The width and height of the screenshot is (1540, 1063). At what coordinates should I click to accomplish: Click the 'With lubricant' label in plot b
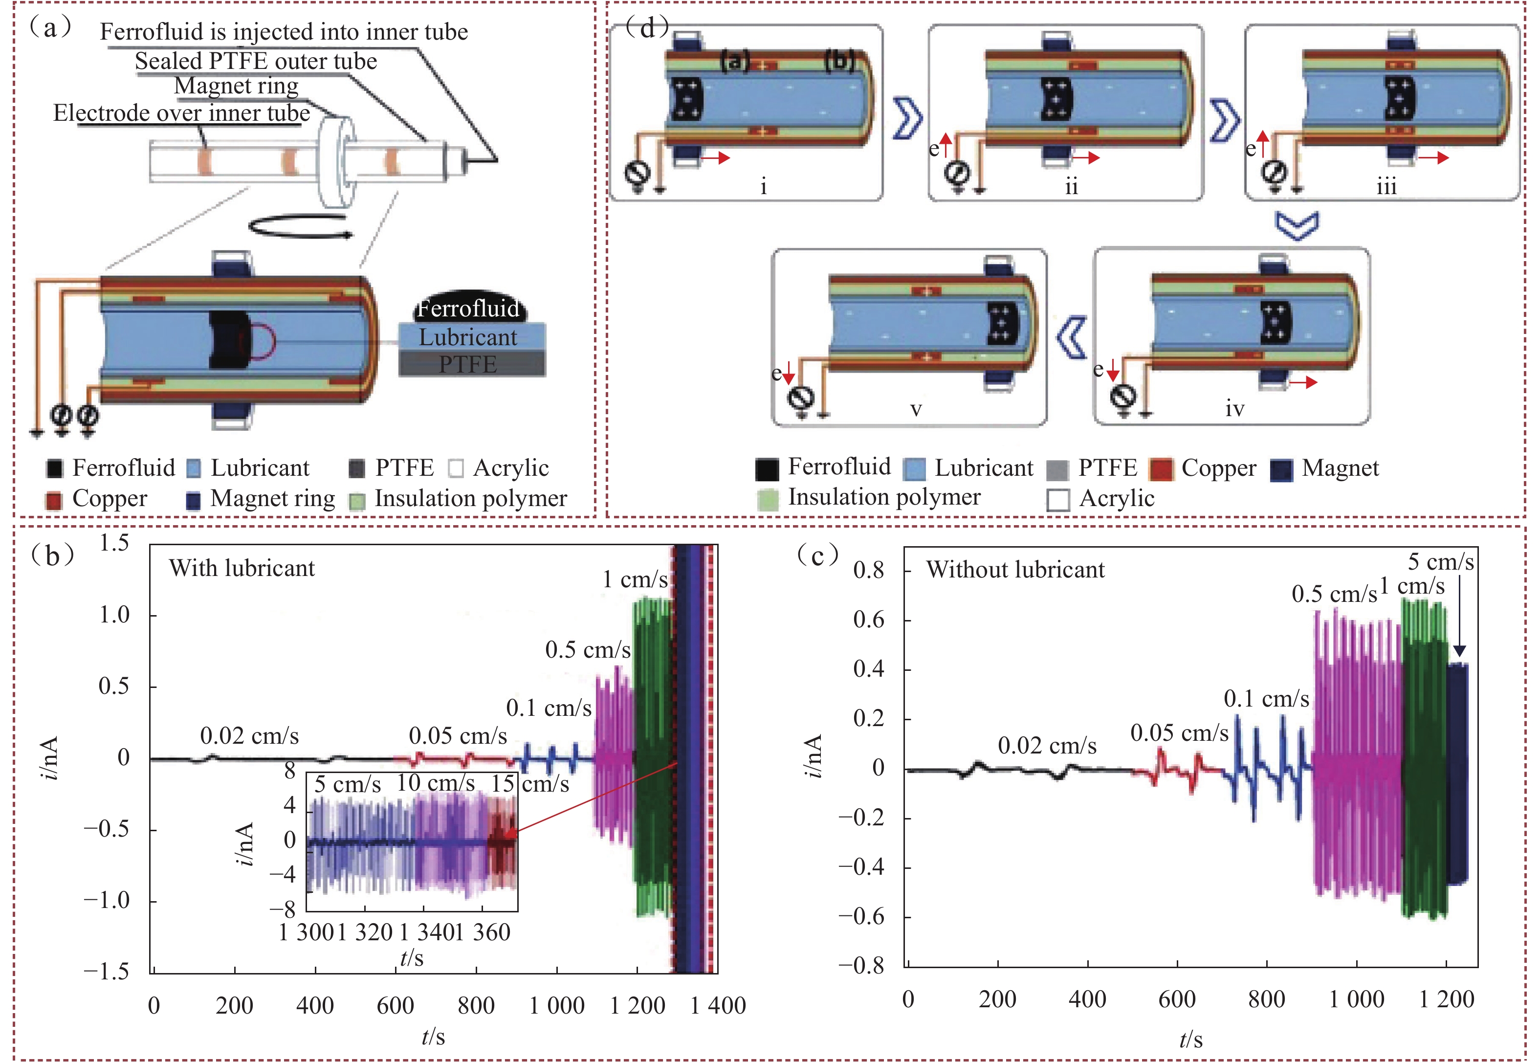coord(242,568)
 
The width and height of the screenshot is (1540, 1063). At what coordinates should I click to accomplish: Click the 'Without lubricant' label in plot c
coord(1014,570)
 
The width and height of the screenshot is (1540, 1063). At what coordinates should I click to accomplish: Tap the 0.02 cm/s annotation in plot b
coord(249,736)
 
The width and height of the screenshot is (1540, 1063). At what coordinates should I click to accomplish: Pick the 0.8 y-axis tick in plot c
coord(869,570)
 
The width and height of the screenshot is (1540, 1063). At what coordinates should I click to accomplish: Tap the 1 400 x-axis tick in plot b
coord(718,1005)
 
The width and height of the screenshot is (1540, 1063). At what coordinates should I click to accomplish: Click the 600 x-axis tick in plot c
coord(1176,999)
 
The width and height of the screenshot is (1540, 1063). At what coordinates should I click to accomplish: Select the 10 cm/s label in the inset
coord(436,783)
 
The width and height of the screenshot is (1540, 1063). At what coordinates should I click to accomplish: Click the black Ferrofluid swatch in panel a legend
coord(55,469)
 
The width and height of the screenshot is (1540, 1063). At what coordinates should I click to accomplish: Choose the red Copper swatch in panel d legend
coord(1161,469)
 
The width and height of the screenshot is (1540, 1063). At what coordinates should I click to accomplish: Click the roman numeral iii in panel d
coord(1387,186)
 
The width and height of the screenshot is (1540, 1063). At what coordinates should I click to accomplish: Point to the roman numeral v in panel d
coord(916,409)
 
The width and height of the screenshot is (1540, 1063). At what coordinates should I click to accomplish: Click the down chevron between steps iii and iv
coord(1297,226)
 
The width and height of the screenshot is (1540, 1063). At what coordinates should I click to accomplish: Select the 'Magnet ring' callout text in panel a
coord(236,86)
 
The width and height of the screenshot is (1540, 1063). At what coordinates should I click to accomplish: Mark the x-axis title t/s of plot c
coord(1190,1039)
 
